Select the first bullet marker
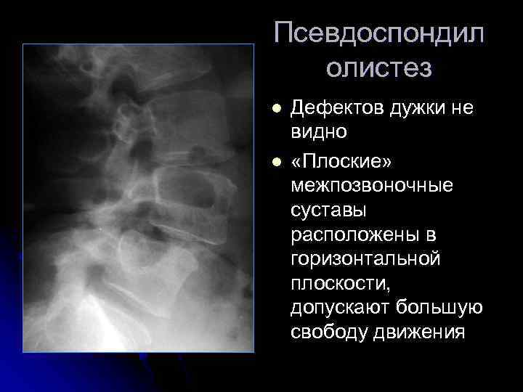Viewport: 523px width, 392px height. tap(276, 109)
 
